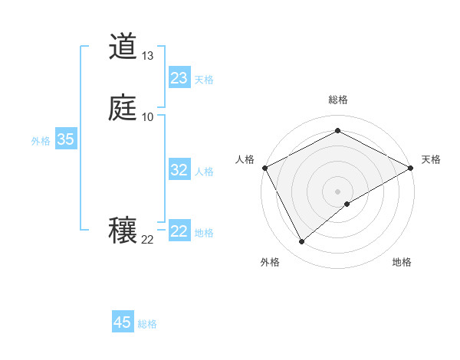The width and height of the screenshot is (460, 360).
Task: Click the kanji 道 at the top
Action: pyautogui.click(x=123, y=47)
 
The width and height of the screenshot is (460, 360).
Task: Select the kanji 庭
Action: pyautogui.click(x=123, y=108)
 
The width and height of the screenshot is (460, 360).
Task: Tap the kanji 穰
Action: pyautogui.click(x=123, y=231)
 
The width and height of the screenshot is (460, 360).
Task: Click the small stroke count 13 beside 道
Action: pyautogui.click(x=148, y=56)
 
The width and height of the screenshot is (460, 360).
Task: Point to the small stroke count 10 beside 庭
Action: pyautogui.click(x=148, y=116)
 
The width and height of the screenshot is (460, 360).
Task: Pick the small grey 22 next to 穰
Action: pyautogui.click(x=148, y=240)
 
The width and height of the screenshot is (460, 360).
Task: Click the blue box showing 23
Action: pyautogui.click(x=179, y=78)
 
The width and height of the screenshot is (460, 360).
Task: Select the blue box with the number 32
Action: pyautogui.click(x=179, y=170)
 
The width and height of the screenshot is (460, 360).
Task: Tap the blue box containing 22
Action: pyautogui.click(x=179, y=231)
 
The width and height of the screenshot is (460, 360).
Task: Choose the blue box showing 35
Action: pyautogui.click(x=66, y=139)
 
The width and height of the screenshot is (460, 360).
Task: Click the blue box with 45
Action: pyautogui.click(x=123, y=322)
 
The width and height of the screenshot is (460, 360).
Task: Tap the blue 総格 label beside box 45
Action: pyautogui.click(x=147, y=324)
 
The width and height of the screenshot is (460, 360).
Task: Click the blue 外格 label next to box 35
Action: pyautogui.click(x=41, y=141)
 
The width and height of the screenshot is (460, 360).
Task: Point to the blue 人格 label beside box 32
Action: pyautogui.click(x=205, y=172)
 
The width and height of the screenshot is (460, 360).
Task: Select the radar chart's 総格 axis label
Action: pyautogui.click(x=337, y=100)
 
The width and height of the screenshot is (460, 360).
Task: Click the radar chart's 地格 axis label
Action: pyautogui.click(x=402, y=263)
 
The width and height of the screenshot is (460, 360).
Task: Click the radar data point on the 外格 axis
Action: pyautogui.click(x=301, y=242)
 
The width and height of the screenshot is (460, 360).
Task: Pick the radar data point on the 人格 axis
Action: pyautogui.click(x=264, y=167)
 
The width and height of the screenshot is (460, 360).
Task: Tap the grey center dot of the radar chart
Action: pyautogui.click(x=337, y=191)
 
